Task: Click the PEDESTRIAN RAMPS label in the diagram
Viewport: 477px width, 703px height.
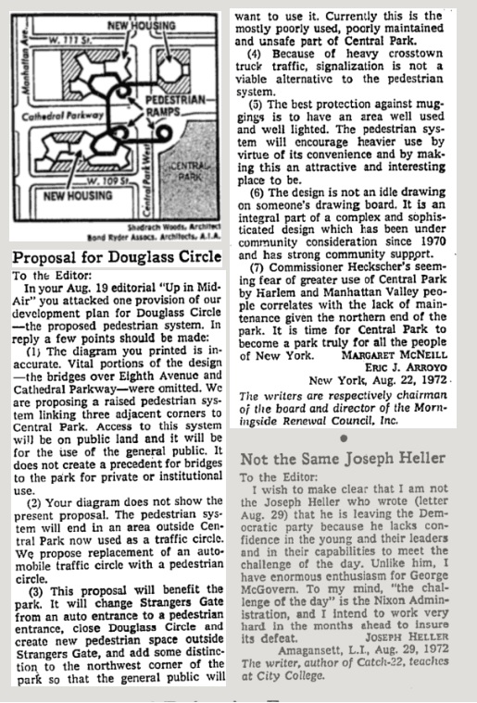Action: coord(169,102)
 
